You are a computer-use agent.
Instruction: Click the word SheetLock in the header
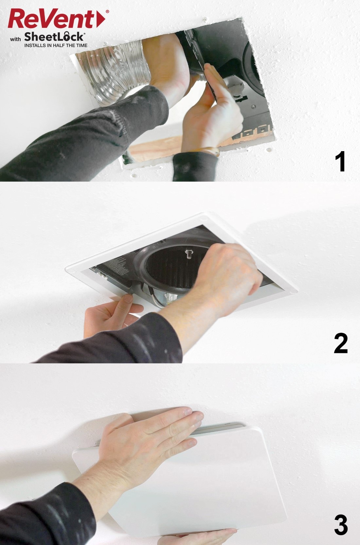coord(54,37)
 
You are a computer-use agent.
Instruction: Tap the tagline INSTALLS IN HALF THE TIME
coord(56,45)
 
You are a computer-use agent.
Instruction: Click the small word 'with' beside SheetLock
coord(15,39)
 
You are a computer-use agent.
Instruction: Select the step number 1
coord(340,162)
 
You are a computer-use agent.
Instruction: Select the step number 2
coord(340,343)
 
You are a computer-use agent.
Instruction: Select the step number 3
coord(341,525)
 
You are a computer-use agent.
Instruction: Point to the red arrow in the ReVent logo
coord(101,19)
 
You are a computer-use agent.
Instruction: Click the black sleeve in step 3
coord(46,517)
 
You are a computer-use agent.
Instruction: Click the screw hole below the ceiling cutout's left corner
coord(134,175)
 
